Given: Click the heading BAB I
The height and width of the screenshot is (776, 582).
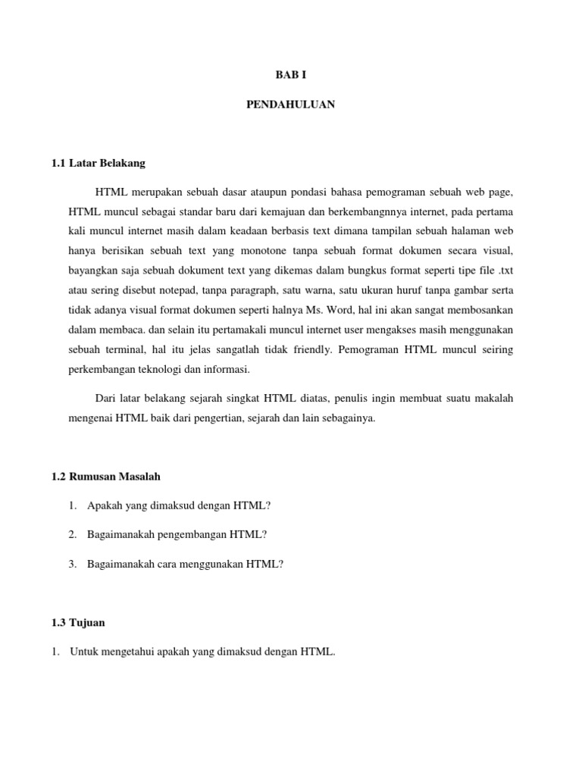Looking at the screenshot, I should [x=290, y=74].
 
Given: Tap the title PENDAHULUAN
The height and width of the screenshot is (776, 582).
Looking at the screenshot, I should [x=290, y=105].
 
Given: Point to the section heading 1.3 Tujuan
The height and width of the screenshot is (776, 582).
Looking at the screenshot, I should [x=79, y=622].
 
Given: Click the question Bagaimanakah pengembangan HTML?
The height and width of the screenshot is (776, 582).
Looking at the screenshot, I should [x=177, y=534].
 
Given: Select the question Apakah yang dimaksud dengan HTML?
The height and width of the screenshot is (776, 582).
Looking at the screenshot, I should [x=179, y=505].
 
